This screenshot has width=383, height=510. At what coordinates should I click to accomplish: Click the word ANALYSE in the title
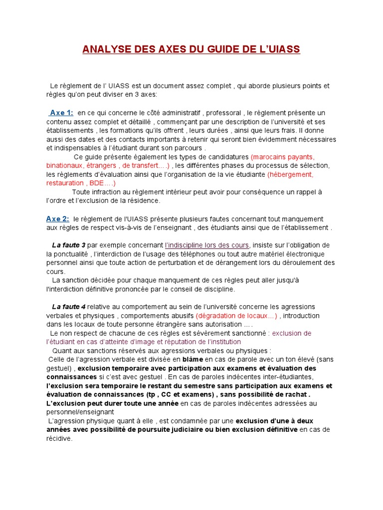pos(104,50)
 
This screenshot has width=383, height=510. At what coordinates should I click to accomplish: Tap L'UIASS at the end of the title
pos(281,50)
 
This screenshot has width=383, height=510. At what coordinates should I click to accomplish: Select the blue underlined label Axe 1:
pos(61,113)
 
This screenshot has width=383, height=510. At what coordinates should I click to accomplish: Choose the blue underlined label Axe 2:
pos(58,219)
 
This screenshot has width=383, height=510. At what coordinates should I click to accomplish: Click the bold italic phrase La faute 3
pos(69,245)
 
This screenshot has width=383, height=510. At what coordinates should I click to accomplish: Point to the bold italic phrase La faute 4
pos(69,306)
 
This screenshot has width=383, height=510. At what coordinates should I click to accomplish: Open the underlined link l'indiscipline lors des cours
pos(207,245)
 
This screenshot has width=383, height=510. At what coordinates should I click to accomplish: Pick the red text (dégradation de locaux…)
pos(237,315)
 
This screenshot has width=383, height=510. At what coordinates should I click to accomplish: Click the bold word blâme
pos(192,359)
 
